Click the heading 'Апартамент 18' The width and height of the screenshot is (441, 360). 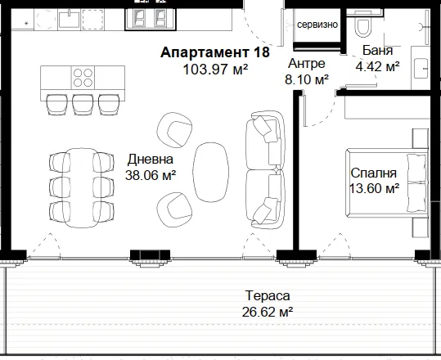point(215,52)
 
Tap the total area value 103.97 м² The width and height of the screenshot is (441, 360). point(215,70)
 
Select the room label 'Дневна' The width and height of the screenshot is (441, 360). point(151,160)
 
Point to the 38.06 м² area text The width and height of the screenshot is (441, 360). point(151,175)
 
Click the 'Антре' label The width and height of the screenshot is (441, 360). point(307,64)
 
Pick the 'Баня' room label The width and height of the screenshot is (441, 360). point(377,51)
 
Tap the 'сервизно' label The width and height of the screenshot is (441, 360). point(317,25)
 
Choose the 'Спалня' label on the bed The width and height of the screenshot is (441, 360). point(373,173)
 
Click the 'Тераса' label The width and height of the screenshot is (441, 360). point(268,295)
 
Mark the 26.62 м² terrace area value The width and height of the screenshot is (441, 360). point(268,312)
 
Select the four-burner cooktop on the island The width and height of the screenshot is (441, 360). point(83,78)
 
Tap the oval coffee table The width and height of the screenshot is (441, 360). point(210,172)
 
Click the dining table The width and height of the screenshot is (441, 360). point(81,188)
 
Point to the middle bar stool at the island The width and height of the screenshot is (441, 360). point(83,105)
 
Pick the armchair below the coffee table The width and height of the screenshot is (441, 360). point(174,209)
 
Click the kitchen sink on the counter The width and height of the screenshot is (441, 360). point(70,19)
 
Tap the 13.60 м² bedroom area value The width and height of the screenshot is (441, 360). point(374,188)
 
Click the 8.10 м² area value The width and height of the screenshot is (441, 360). point(307,79)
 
